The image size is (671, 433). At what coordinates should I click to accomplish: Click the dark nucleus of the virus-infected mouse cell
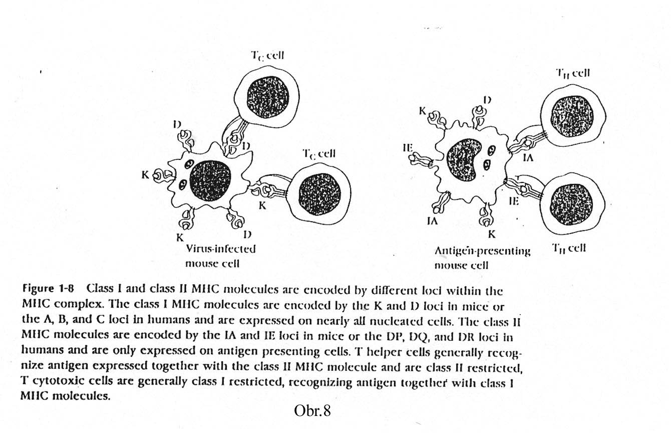(210, 181)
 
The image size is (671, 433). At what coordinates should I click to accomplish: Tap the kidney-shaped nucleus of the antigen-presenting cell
(463, 159)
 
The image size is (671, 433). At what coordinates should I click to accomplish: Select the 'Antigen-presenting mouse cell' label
(482, 258)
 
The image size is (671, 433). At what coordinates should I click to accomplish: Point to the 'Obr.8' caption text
(312, 411)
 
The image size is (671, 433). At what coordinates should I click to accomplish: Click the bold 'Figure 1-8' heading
(48, 289)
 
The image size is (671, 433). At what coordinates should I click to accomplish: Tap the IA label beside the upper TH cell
(528, 157)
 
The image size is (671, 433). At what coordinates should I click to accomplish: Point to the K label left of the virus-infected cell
(145, 175)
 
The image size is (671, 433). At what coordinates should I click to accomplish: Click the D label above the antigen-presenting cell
(487, 100)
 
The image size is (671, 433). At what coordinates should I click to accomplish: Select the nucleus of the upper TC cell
(268, 97)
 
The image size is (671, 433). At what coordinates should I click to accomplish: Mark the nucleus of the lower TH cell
(571, 204)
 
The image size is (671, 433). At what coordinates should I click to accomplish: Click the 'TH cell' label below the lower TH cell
(568, 249)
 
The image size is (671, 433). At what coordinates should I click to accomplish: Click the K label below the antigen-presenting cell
(492, 234)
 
